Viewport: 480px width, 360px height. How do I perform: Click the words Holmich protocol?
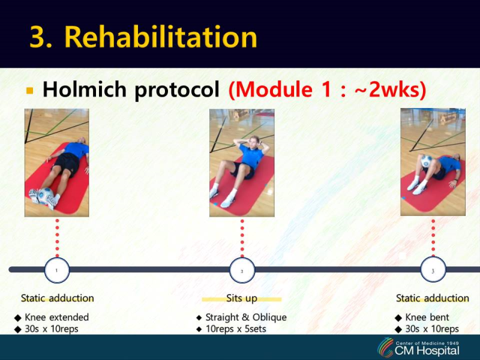point(131,90)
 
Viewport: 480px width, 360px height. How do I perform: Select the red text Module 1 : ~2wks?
point(327,90)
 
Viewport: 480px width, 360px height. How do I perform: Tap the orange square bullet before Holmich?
point(30,91)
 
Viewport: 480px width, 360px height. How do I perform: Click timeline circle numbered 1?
point(57,270)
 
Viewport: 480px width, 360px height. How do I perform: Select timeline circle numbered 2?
point(242,270)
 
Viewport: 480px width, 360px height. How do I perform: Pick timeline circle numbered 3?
point(433,270)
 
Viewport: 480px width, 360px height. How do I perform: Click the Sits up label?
point(241,298)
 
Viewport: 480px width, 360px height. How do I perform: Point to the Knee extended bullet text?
point(56,317)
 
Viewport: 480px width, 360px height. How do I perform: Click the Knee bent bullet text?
point(427,317)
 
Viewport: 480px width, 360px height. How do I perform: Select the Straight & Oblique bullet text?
point(246,317)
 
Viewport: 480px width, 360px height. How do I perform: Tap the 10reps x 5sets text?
point(236,329)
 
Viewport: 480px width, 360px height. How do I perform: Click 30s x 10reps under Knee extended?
point(52,329)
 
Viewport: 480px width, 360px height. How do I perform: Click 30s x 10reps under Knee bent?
point(432,329)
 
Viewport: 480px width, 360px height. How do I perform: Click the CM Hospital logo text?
point(427,350)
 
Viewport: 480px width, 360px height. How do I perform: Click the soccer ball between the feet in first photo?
point(45,195)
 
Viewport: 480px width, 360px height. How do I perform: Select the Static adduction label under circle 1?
point(58,298)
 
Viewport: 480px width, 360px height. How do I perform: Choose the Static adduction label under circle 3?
point(432,298)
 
